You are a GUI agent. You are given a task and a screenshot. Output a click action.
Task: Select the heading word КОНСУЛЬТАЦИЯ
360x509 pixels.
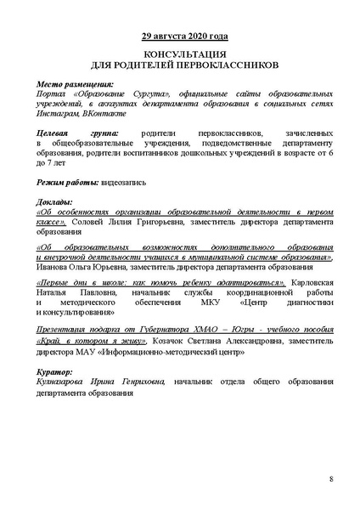coord(179,53)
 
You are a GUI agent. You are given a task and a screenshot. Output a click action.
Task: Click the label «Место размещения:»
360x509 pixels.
coord(76,85)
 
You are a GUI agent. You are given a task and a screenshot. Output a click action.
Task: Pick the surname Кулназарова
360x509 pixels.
coord(67,382)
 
